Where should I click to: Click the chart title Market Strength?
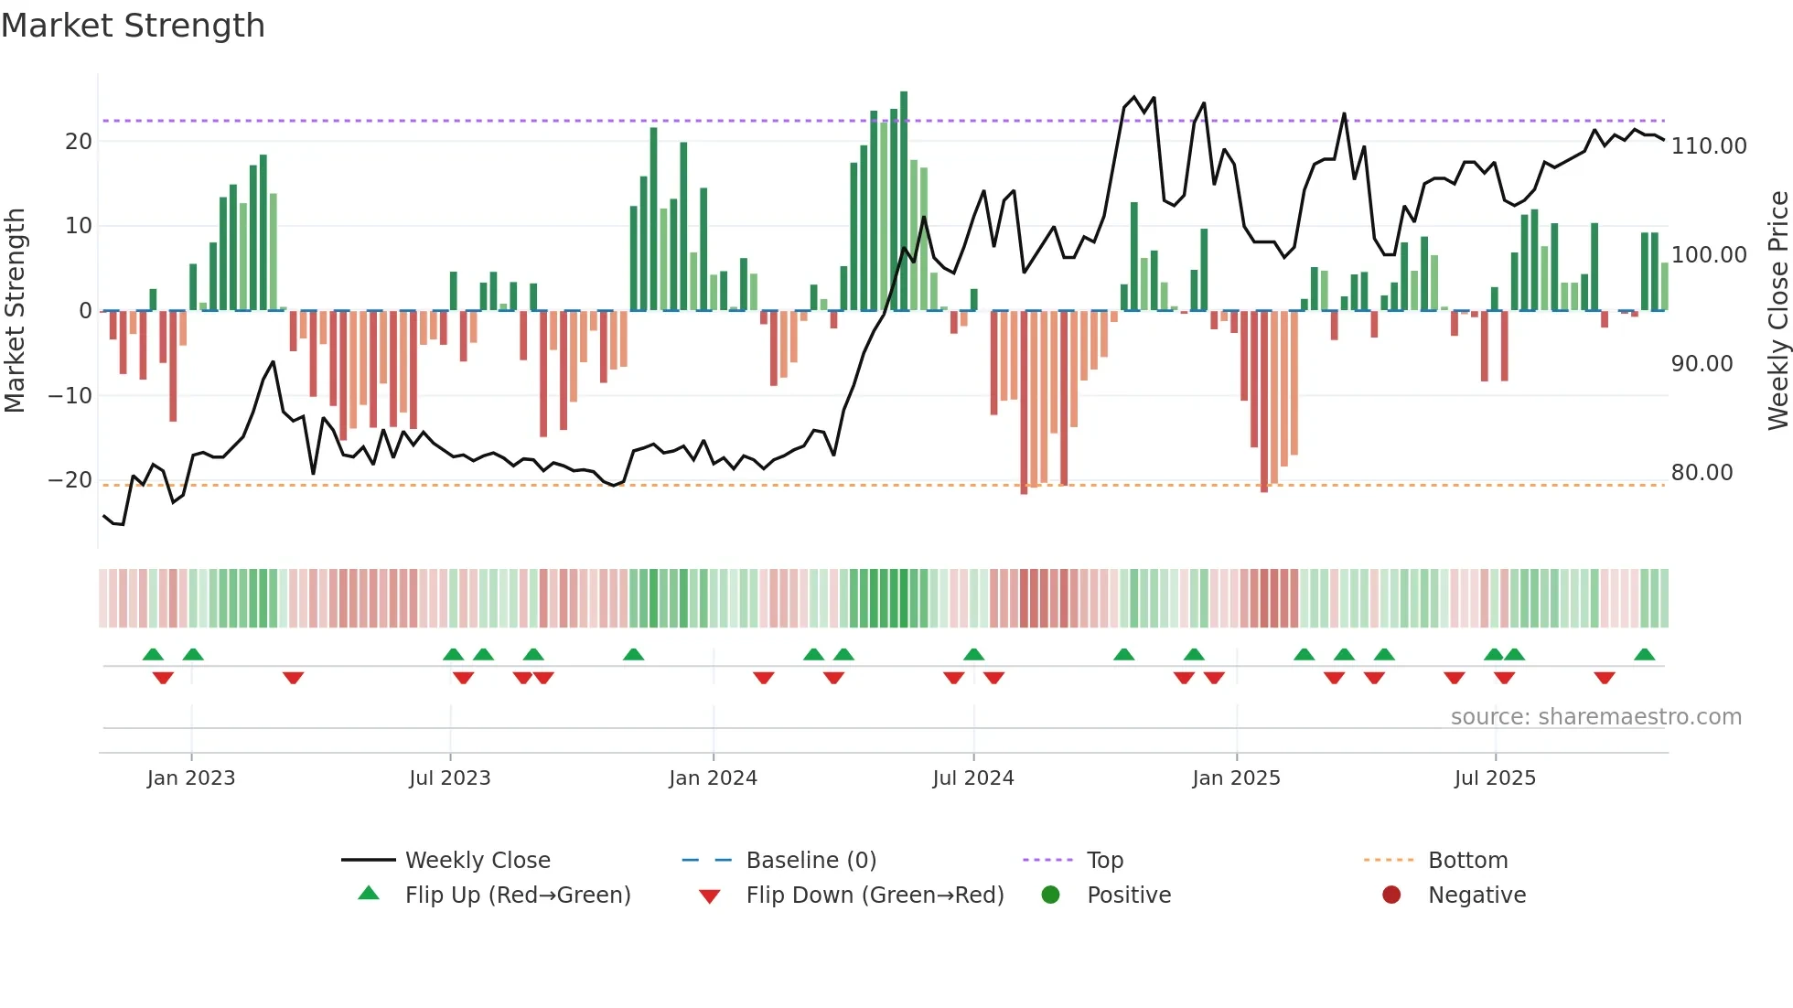point(133,26)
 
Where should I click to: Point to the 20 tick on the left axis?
point(79,142)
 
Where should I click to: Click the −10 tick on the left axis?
point(70,396)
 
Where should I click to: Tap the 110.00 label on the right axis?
point(1708,146)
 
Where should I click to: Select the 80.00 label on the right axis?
point(1702,473)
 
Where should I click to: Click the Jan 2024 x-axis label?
point(713,778)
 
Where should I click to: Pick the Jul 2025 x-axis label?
point(1495,778)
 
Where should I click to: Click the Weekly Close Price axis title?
point(1777,310)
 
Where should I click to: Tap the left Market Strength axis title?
point(15,310)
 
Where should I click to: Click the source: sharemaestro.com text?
point(1595,717)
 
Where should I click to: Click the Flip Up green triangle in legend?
point(369,894)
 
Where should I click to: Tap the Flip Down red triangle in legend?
point(709,896)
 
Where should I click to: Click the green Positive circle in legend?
point(1050,895)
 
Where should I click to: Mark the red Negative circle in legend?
point(1391,895)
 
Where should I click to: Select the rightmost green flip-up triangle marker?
point(1644,655)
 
